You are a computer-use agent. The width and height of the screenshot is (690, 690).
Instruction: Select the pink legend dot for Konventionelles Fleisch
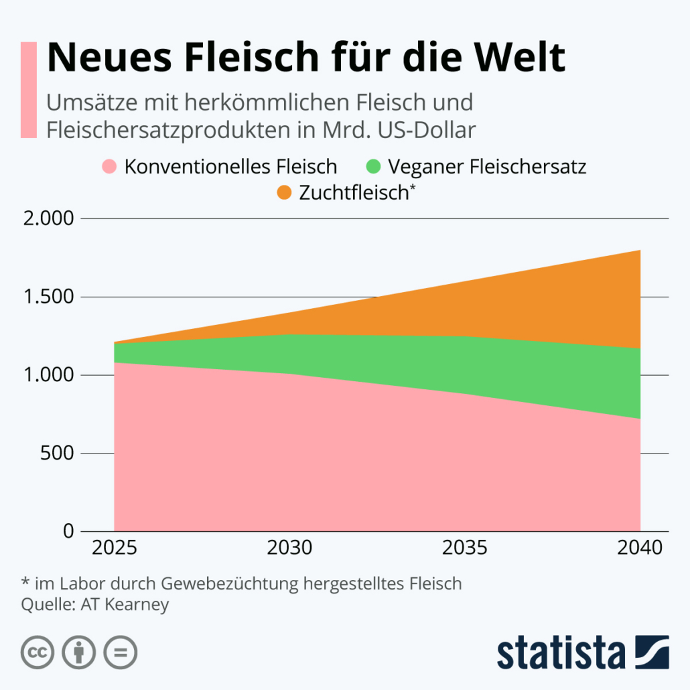(110, 166)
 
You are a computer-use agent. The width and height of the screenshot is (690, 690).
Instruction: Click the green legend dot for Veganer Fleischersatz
(374, 166)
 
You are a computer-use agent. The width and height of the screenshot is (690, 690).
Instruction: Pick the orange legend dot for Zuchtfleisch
(285, 193)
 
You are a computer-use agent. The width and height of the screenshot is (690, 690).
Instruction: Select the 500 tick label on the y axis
(56, 454)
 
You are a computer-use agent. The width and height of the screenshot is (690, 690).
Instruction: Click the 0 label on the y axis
(68, 531)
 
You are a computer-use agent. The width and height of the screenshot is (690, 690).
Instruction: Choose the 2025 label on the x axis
(115, 548)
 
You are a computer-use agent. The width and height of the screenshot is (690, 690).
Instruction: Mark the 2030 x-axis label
(289, 548)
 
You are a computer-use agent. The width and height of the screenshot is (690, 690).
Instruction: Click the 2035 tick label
(465, 548)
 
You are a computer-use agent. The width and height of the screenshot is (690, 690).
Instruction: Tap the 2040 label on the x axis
(640, 548)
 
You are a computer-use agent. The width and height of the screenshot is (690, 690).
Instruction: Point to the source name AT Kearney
(125, 605)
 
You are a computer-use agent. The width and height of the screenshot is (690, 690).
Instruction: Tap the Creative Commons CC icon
(38, 652)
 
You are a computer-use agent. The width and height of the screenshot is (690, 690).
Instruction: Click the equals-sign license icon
(121, 652)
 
